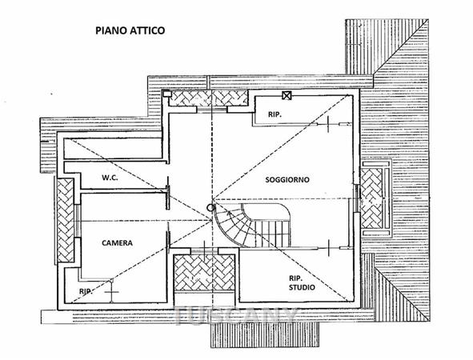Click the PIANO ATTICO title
tap(130, 30)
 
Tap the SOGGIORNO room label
tap(287, 180)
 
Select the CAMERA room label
tap(117, 242)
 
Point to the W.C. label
tap(110, 178)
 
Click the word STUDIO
tap(302, 287)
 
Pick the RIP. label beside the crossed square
tap(275, 114)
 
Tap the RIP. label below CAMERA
tap(86, 291)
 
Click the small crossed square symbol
tap(287, 95)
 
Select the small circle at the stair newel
tap(210, 207)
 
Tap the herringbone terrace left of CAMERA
tap(66, 221)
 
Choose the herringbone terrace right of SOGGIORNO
tap(371, 198)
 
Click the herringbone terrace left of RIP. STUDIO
tap(204, 273)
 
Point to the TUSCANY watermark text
tap(236, 316)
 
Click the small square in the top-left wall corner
tap(166, 94)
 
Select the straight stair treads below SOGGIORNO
tap(273, 233)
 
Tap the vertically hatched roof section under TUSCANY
tap(265, 334)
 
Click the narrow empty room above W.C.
tap(113, 149)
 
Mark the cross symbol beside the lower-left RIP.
tap(111, 292)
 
